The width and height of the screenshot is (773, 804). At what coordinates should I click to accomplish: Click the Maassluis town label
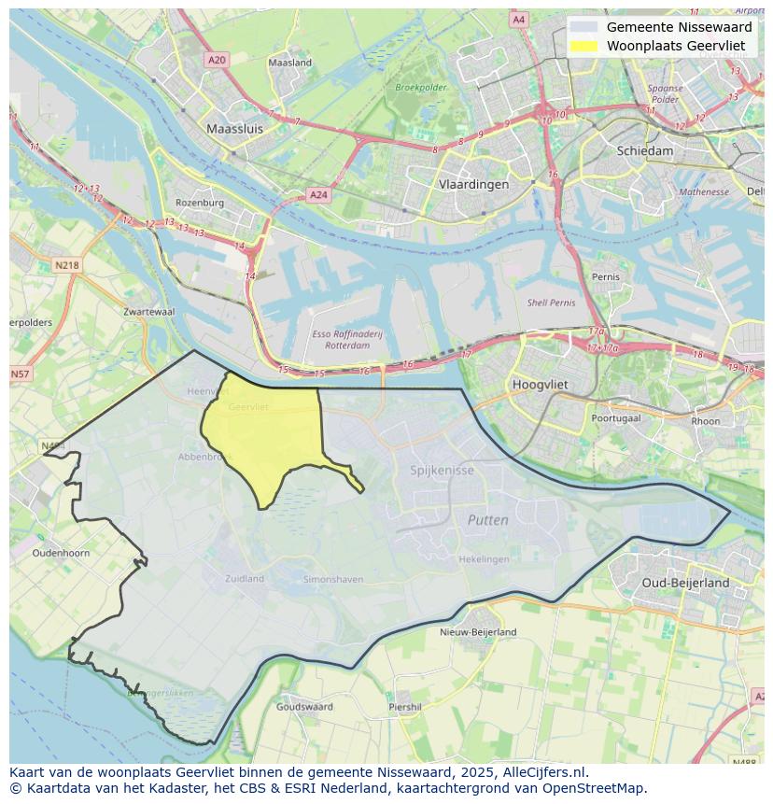coord(234,129)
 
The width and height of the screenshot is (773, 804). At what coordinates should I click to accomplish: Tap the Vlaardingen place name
coord(474,184)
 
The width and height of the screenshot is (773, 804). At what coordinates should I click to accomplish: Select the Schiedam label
coord(644,150)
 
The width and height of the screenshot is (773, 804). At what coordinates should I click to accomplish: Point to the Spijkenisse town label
coord(442,470)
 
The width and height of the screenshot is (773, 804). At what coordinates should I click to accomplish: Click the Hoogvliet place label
coord(541,384)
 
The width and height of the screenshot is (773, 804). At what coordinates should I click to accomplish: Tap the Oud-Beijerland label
coord(686,583)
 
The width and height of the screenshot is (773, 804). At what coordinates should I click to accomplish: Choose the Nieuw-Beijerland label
coord(478,632)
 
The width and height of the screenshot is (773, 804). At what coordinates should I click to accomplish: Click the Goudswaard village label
coord(304,707)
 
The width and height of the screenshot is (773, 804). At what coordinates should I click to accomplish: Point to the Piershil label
coord(405,707)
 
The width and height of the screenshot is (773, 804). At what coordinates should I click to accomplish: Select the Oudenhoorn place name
coord(61,553)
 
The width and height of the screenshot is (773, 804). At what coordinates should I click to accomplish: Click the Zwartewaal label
coord(148,312)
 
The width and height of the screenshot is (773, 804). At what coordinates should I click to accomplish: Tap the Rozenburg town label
coord(200,203)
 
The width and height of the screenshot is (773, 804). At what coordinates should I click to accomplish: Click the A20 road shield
coord(217,60)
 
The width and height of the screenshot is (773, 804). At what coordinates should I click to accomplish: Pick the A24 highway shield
coord(318,195)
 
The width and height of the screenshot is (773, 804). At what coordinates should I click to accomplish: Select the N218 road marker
coord(67,265)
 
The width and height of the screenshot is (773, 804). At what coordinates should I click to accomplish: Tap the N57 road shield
coord(20,374)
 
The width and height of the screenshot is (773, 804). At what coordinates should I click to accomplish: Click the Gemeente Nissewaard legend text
coord(679,27)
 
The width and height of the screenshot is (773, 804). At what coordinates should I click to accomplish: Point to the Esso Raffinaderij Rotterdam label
coord(340,339)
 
